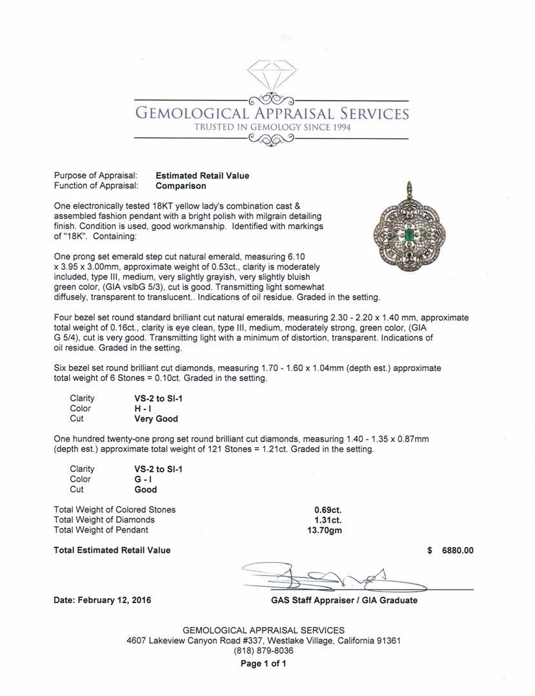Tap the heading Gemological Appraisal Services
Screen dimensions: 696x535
(271, 114)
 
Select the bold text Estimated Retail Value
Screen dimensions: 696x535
(202, 175)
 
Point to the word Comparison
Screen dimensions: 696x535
(181, 186)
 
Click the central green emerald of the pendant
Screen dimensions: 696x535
(409, 233)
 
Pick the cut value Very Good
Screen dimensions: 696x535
(152, 419)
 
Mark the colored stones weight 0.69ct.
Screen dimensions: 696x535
(328, 510)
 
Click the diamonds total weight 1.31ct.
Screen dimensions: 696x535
(328, 520)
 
